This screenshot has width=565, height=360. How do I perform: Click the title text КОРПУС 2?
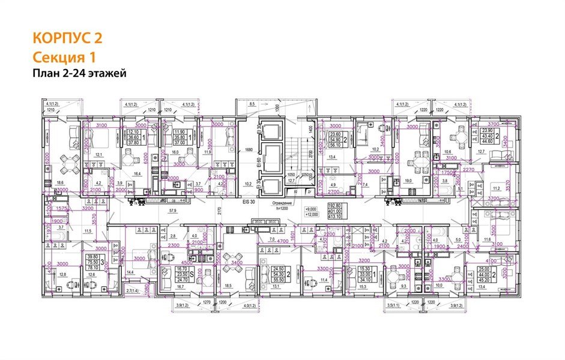(67, 38)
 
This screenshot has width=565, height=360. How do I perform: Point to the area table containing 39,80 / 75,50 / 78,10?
(92, 262)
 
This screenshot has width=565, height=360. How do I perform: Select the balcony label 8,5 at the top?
(252, 104)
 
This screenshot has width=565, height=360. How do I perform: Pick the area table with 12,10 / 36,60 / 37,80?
(133, 137)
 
